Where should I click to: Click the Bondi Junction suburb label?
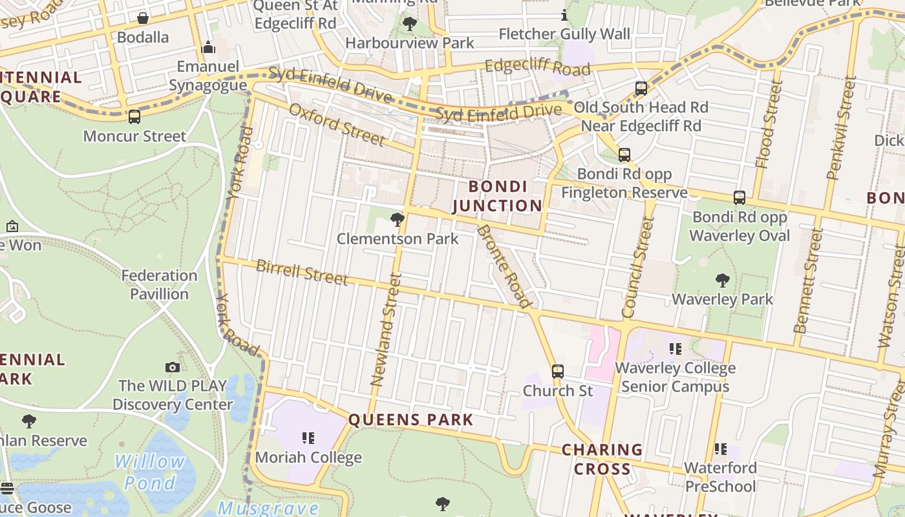tap(497, 196)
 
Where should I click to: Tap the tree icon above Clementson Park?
tap(398, 220)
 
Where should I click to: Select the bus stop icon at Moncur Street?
tap(134, 117)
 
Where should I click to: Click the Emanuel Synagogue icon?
tap(208, 47)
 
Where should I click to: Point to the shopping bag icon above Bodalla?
tap(143, 18)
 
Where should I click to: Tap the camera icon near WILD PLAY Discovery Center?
tap(173, 367)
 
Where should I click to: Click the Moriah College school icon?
tap(308, 438)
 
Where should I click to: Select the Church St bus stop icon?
tap(557, 372)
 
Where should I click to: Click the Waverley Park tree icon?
tap(723, 280)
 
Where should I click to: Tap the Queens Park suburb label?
tap(411, 419)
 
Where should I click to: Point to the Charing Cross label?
tap(602, 459)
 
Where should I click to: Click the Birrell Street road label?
tap(302, 272)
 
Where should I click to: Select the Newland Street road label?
tap(386, 330)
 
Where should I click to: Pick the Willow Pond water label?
tap(150, 472)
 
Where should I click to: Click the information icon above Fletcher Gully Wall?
tap(564, 15)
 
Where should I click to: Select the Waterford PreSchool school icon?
tap(721, 448)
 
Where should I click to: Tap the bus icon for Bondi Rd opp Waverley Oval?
tap(740, 198)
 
